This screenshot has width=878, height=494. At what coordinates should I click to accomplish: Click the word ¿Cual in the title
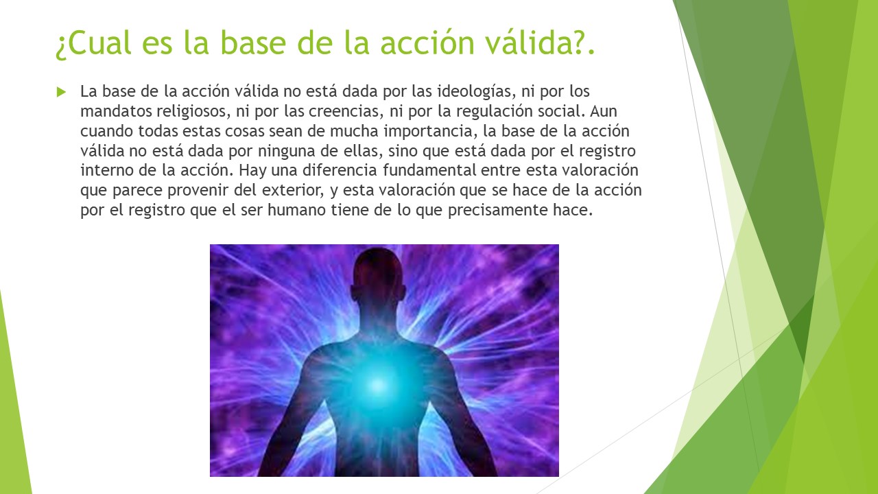pyautogui.click(x=93, y=43)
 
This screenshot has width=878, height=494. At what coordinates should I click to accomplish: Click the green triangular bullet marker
pyautogui.click(x=61, y=92)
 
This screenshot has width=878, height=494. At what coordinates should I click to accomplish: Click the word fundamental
pyautogui.click(x=429, y=170)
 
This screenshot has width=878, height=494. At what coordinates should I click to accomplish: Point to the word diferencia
pyautogui.click(x=340, y=170)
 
